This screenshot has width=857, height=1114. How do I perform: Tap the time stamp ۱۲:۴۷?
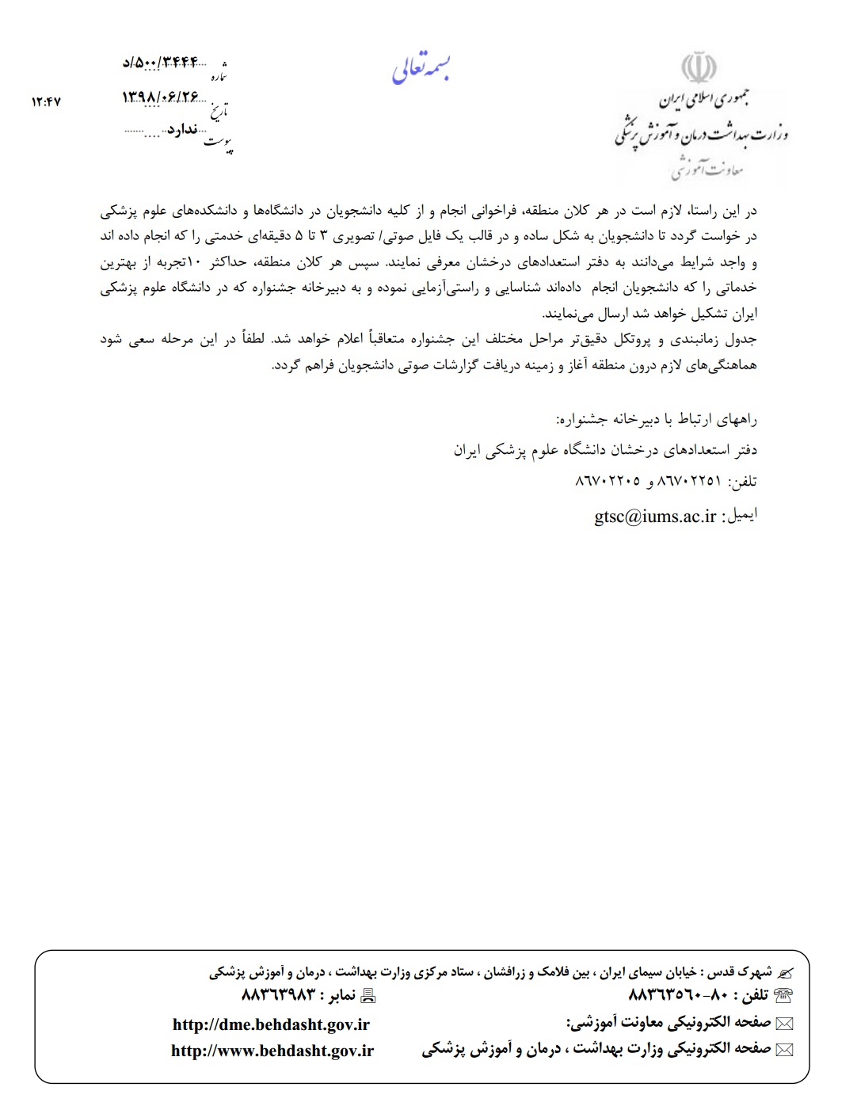46,101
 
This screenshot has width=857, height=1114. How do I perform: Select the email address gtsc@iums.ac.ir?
655,516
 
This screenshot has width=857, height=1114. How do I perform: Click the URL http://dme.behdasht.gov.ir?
271,1024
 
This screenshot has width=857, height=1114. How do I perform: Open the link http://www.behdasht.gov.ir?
272,1051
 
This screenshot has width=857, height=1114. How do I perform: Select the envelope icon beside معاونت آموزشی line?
784,1023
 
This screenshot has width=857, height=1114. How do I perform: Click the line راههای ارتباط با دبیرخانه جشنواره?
657,418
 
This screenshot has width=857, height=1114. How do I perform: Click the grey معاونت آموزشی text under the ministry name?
707,169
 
